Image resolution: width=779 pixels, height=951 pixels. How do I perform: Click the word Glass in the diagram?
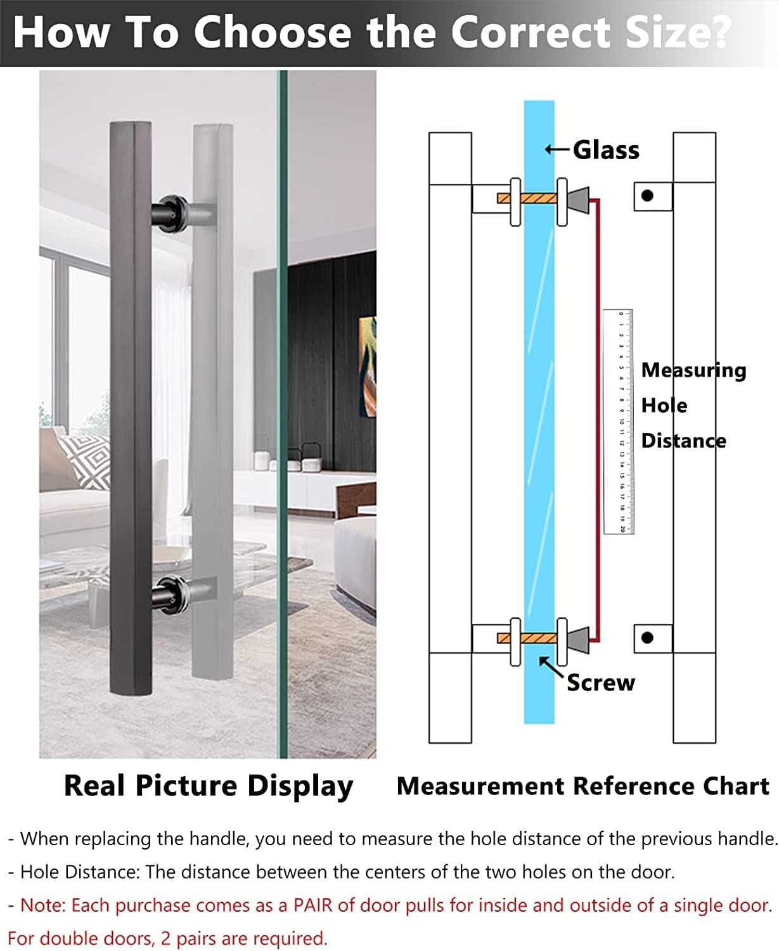click(606, 150)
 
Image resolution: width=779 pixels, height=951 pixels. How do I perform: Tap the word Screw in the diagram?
click(600, 683)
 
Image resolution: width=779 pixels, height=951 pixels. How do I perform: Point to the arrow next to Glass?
click(557, 150)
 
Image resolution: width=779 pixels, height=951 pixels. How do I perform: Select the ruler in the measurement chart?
click(618, 422)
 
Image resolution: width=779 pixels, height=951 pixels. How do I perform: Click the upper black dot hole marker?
click(647, 196)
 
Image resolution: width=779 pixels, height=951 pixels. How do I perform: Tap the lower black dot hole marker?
click(647, 637)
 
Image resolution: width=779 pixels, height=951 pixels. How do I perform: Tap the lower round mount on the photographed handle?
click(171, 594)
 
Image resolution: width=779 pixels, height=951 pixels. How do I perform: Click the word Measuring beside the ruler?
click(693, 370)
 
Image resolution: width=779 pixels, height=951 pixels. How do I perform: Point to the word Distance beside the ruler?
click(683, 441)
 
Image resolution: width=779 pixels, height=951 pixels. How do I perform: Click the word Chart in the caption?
click(739, 786)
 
